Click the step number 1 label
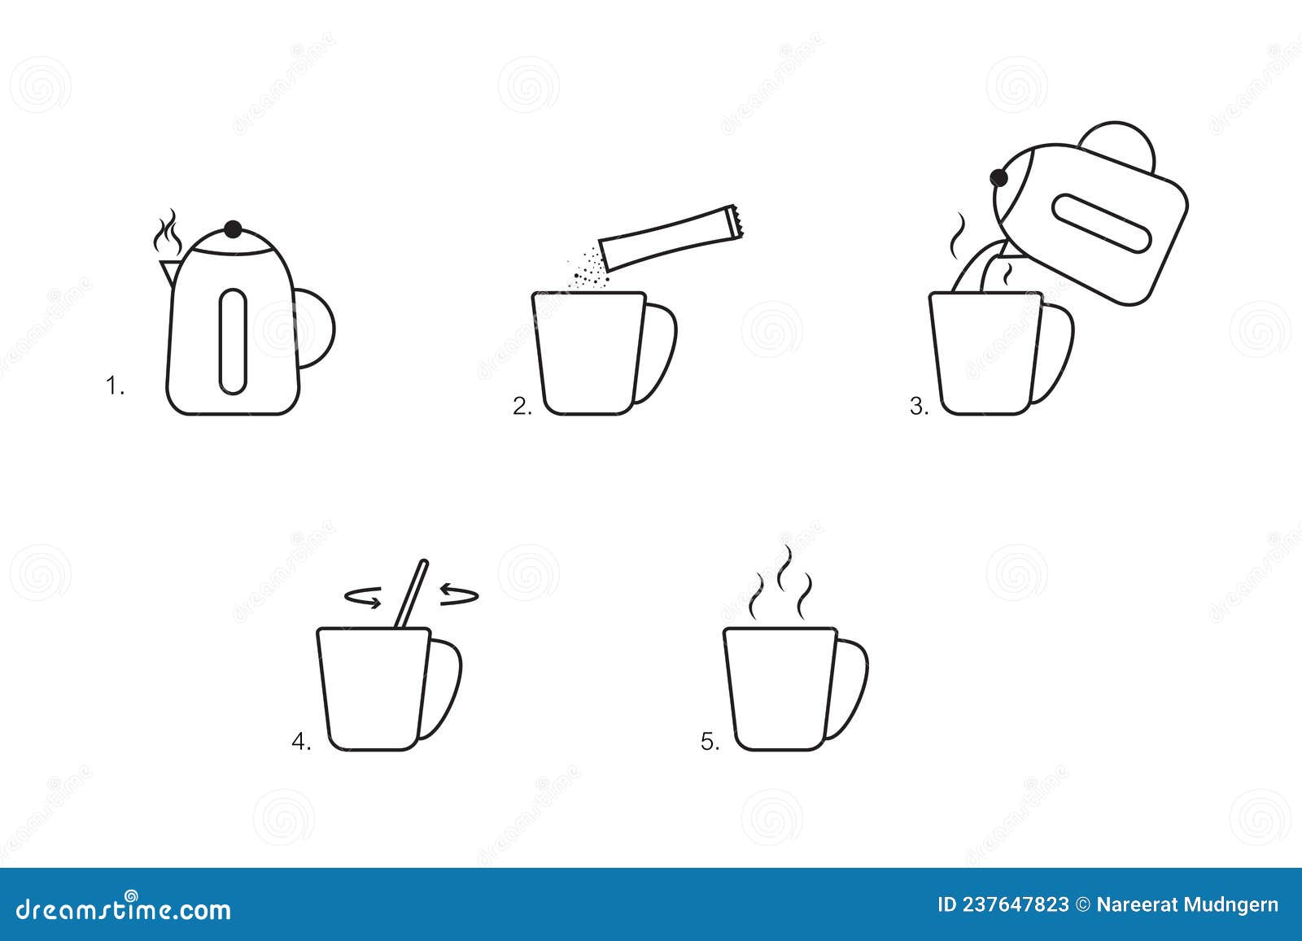click(115, 386)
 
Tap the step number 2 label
click(522, 407)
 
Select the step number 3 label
click(919, 407)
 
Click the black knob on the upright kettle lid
click(234, 229)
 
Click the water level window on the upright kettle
click(233, 342)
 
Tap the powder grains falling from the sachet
click(589, 269)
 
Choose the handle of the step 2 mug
click(661, 353)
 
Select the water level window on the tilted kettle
click(1101, 222)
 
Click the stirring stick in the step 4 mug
click(413, 594)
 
